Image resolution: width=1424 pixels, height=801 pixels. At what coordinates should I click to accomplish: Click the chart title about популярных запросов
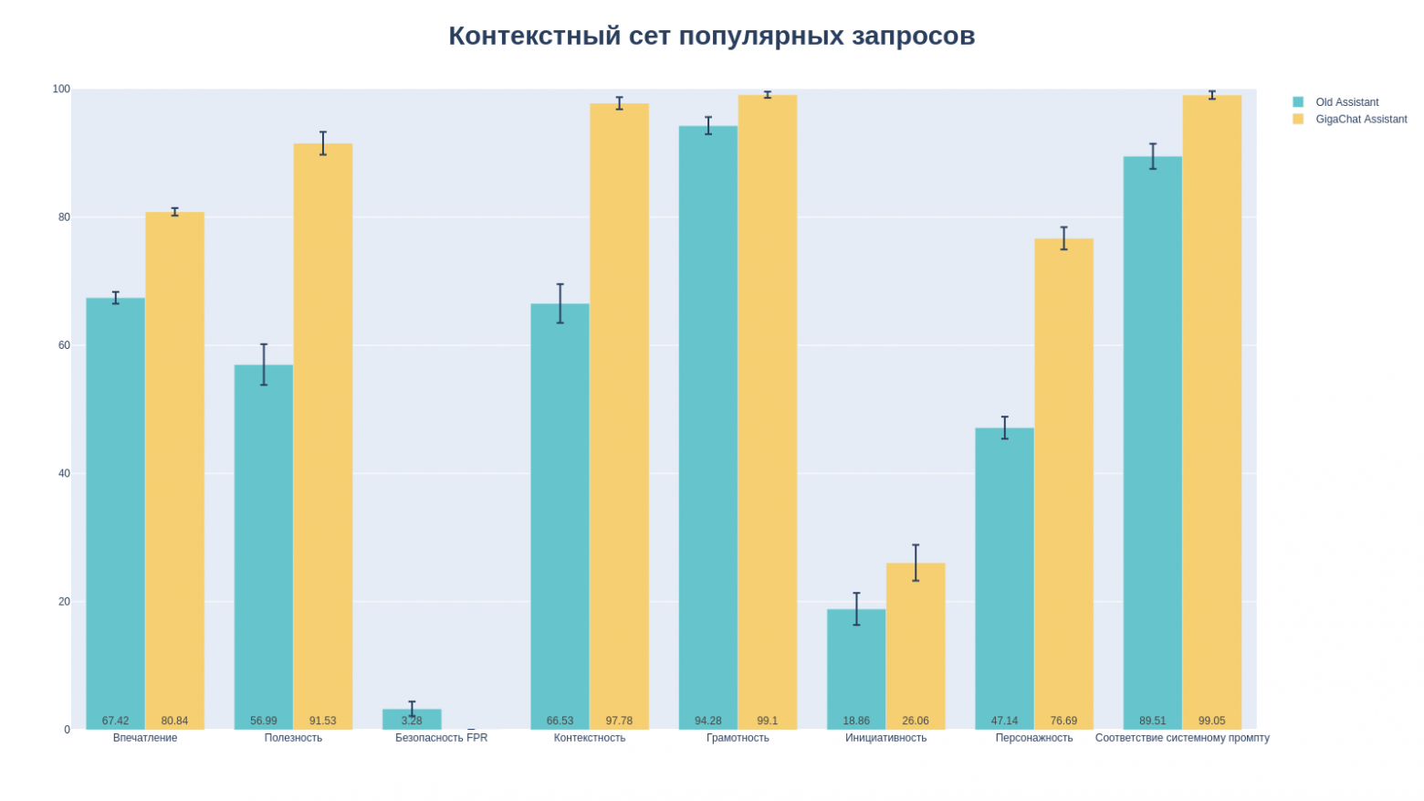(711, 36)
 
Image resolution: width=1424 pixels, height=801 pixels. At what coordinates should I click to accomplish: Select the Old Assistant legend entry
(1346, 102)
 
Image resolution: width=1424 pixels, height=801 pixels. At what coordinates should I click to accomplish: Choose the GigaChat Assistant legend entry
(1360, 120)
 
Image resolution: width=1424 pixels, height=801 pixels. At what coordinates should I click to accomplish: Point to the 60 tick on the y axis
(62, 345)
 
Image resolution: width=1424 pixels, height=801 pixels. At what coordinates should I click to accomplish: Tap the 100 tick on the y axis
(61, 90)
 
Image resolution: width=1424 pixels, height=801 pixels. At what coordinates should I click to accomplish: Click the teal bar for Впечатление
(115, 511)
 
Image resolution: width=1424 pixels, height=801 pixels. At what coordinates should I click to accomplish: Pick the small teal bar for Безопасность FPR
(412, 719)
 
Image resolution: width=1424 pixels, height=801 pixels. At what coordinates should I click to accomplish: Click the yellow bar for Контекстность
(619, 411)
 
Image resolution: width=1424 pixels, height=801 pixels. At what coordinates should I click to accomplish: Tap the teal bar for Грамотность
(707, 420)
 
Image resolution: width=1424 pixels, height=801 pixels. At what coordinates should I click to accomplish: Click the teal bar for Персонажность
(1004, 575)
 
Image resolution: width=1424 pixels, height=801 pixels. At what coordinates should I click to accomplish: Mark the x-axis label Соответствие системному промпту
(1182, 738)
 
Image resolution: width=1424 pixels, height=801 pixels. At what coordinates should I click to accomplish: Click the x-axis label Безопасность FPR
(441, 738)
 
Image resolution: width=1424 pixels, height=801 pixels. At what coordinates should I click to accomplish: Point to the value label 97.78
(619, 721)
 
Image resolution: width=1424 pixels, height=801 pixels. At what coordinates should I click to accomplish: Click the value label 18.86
(856, 721)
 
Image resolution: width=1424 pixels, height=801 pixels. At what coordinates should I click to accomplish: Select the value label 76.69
(1063, 721)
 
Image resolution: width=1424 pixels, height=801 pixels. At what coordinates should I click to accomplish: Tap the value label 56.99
(263, 721)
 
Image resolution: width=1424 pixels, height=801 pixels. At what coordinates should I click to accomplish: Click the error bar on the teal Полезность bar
(264, 364)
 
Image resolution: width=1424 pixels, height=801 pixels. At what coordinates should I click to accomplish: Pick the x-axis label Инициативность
(885, 738)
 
